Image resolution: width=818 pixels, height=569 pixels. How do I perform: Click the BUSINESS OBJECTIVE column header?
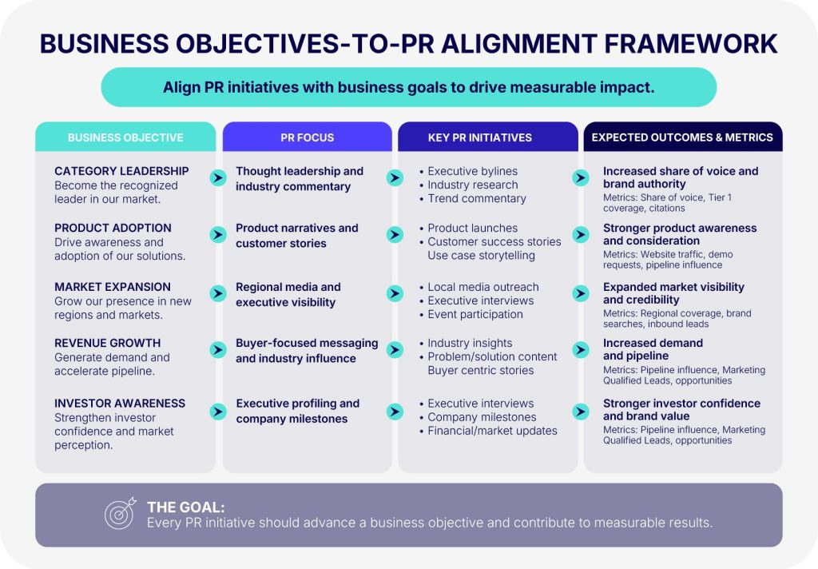(125, 137)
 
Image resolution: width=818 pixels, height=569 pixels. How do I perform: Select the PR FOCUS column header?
(308, 137)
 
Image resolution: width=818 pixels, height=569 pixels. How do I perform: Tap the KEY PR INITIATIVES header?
(480, 137)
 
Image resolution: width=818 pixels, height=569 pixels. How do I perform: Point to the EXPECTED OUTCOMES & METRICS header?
(682, 137)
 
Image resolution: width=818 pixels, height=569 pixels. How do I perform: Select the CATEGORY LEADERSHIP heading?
(121, 171)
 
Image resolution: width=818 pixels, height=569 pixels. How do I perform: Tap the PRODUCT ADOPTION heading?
(113, 228)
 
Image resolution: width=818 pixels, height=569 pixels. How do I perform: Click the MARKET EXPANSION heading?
(112, 287)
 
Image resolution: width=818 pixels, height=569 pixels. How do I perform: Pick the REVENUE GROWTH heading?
(108, 343)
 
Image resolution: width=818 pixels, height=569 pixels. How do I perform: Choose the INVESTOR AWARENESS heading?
(120, 404)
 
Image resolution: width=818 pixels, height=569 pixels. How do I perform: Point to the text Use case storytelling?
(481, 255)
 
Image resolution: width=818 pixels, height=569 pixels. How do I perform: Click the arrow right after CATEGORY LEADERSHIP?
(218, 178)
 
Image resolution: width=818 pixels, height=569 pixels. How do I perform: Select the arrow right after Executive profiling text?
(395, 412)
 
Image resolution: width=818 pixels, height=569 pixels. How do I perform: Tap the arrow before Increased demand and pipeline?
(580, 349)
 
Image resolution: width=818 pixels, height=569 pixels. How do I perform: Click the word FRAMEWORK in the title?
(691, 44)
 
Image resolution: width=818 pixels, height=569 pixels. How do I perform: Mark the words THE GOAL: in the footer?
(185, 507)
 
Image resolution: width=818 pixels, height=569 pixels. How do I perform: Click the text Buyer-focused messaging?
(307, 343)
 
